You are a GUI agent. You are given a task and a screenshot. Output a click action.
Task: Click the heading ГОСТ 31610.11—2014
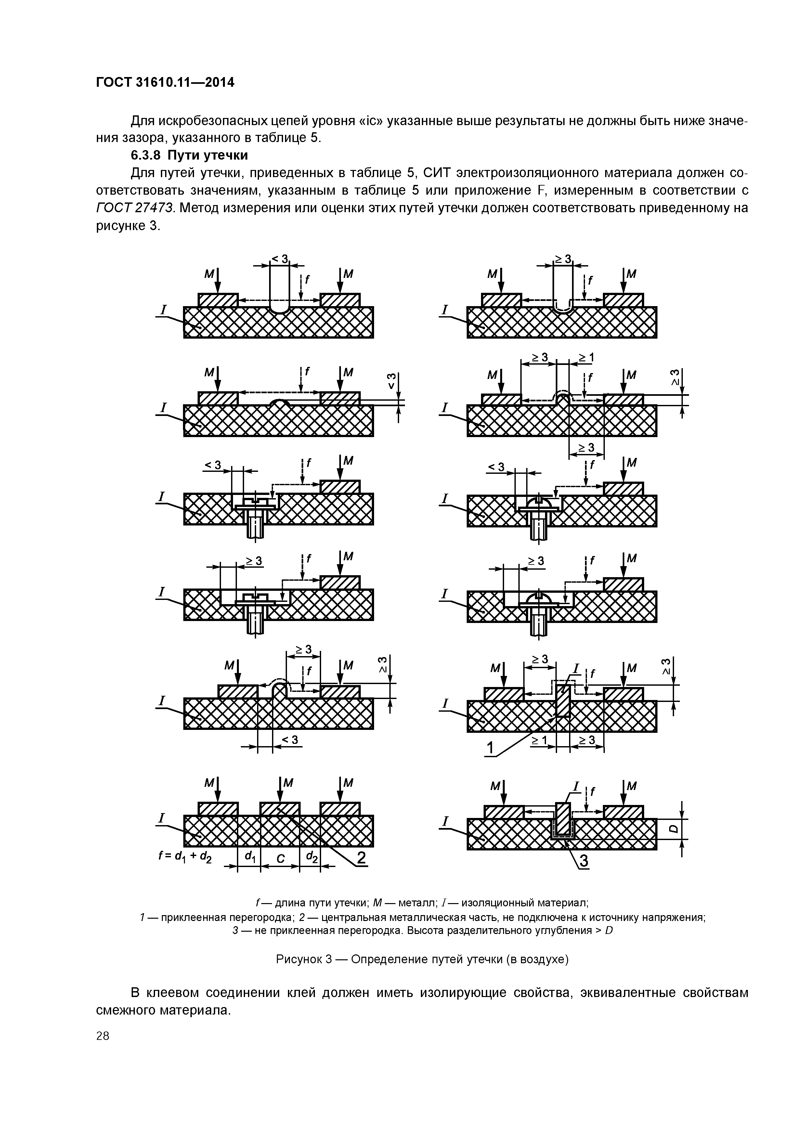164,83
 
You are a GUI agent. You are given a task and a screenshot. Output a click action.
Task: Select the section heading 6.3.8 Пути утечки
189,155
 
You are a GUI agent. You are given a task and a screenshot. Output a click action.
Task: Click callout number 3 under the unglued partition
583,861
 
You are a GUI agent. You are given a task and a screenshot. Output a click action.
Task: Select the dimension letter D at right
673,829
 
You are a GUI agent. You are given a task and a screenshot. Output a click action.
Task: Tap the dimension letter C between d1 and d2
280,858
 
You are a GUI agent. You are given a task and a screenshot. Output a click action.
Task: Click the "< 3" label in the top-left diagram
279,259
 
